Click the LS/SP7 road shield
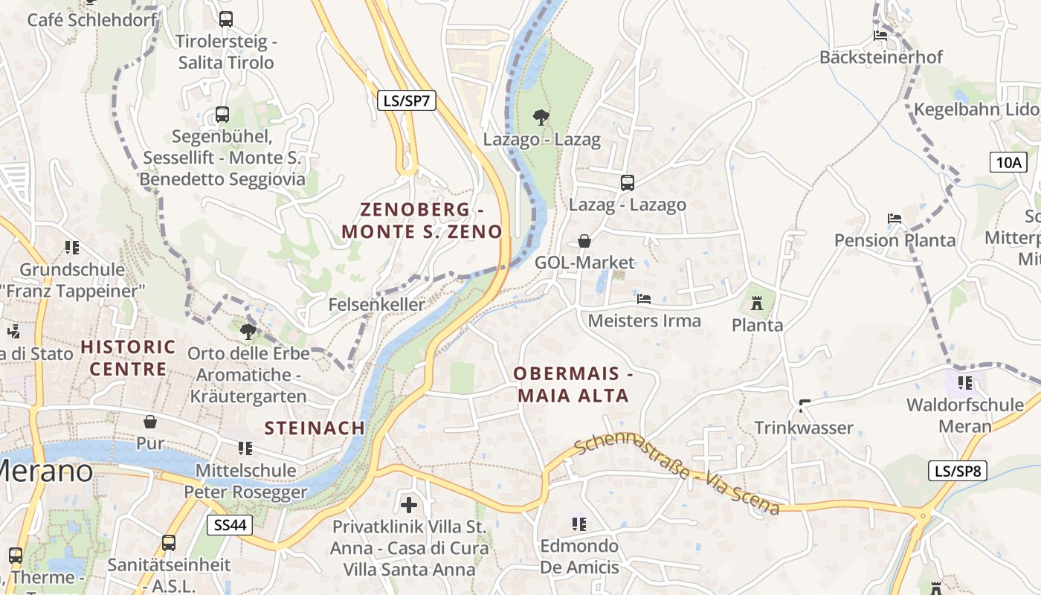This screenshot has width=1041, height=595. click(407, 100)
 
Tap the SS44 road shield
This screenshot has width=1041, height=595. click(230, 524)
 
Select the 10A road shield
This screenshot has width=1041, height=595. click(1008, 161)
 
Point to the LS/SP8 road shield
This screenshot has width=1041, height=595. click(958, 470)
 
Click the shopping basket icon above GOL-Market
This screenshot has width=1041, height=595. click(584, 241)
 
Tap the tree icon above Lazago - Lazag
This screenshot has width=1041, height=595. click(541, 117)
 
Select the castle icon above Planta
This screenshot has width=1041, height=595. click(757, 303)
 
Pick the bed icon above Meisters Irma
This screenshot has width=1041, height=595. click(644, 299)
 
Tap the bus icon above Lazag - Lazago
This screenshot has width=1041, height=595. click(627, 182)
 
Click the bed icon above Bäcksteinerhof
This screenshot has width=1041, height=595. click(880, 35)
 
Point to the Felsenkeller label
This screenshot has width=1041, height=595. click(377, 304)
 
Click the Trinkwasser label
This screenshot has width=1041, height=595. click(804, 428)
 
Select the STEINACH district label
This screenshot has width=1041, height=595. click(315, 428)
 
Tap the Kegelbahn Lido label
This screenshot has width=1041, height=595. click(976, 109)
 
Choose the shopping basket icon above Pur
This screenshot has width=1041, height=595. click(150, 422)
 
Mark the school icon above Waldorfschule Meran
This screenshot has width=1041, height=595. click(965, 383)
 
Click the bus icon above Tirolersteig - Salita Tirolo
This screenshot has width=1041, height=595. click(226, 19)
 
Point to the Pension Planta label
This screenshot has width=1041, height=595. click(895, 240)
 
